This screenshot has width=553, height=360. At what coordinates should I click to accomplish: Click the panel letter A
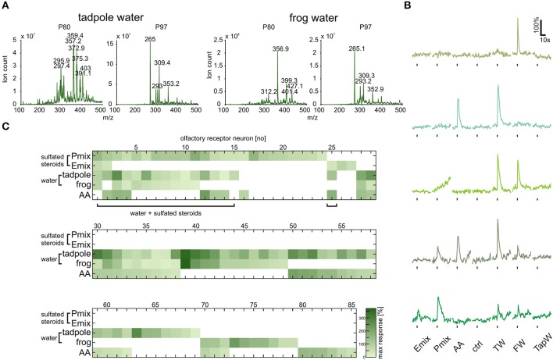(5, 6)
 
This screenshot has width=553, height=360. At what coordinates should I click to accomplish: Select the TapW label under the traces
(541, 344)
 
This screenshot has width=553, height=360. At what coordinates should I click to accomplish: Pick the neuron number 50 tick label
(293, 224)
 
